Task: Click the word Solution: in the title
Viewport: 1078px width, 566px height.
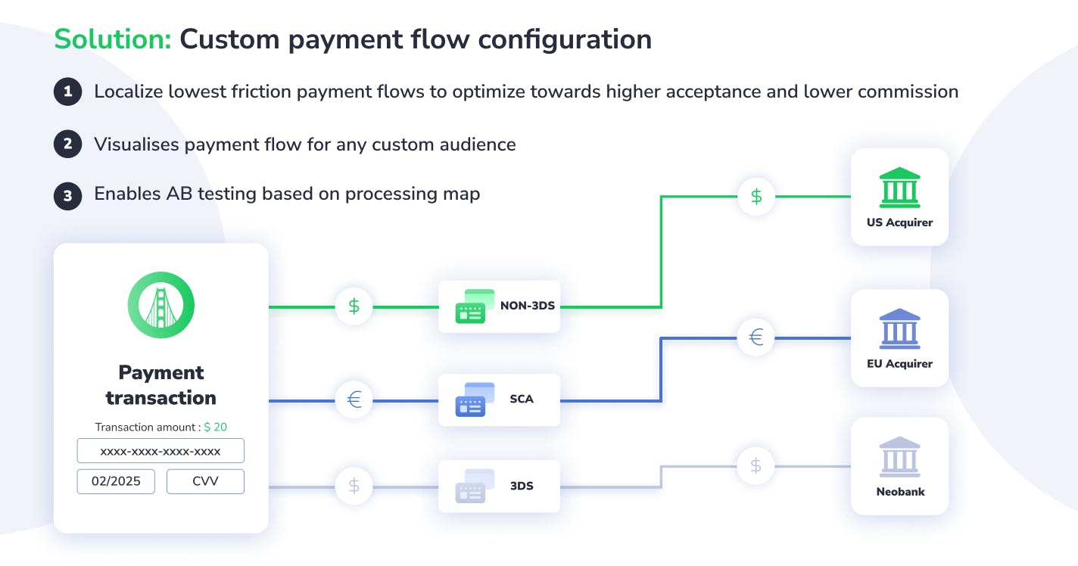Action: [113, 39]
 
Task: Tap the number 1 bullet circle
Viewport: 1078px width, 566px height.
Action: [68, 92]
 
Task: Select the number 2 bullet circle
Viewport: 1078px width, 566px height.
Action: [68, 144]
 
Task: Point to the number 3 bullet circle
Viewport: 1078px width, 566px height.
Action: [68, 196]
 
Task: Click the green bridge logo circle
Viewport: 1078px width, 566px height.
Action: [160, 305]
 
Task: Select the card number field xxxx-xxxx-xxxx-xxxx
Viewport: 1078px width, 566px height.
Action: [160, 451]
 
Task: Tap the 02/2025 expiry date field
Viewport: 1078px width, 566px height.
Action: [116, 481]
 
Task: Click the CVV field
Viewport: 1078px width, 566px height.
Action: [205, 481]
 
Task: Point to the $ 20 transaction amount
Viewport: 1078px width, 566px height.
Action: [216, 427]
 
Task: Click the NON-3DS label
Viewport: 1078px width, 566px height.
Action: [528, 306]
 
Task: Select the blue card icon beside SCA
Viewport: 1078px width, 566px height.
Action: [475, 399]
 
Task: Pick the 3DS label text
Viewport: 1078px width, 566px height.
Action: [522, 486]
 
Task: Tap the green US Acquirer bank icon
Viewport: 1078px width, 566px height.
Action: [899, 188]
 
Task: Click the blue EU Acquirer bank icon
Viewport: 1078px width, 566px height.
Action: [899, 328]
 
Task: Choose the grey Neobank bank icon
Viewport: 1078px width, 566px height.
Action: [899, 457]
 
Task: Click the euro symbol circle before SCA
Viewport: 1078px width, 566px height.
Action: [354, 400]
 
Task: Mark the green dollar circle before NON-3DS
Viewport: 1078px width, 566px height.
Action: [354, 306]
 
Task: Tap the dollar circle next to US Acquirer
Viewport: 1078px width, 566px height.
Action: [756, 196]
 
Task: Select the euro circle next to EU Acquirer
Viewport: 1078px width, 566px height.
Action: [756, 337]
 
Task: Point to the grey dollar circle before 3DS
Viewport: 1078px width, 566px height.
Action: [354, 487]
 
